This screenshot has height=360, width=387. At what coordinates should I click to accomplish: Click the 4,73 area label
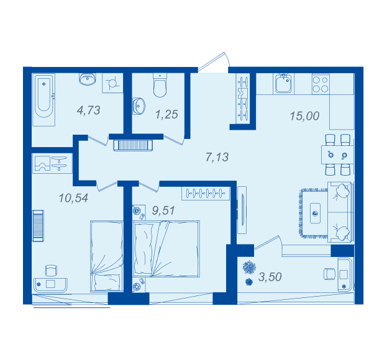pyautogui.click(x=89, y=110)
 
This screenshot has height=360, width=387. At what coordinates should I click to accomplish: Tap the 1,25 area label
pyautogui.click(x=166, y=114)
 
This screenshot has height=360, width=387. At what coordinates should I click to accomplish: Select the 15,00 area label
pyautogui.click(x=304, y=116)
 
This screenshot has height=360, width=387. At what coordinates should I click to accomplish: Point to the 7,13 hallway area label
pyautogui.click(x=217, y=157)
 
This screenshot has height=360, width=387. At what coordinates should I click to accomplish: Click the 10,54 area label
pyautogui.click(x=73, y=198)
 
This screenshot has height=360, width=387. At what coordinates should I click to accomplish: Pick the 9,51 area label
pyautogui.click(x=163, y=210)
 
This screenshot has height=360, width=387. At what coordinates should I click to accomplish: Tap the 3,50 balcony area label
pyautogui.click(x=270, y=277)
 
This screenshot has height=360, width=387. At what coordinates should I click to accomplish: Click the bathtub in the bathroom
pyautogui.click(x=44, y=100)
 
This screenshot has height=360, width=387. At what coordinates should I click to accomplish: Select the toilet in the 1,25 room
pyautogui.click(x=160, y=85)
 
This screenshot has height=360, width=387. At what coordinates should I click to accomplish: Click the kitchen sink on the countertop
pyautogui.click(x=283, y=83)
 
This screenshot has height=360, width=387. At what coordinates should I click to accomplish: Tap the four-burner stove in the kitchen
pyautogui.click(x=321, y=84)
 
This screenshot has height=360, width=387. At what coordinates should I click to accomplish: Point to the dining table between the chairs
pyautogui.click(x=337, y=155)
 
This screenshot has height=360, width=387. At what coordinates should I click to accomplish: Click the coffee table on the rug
pyautogui.click(x=315, y=214)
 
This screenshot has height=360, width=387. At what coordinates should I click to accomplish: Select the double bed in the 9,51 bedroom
pyautogui.click(x=166, y=248)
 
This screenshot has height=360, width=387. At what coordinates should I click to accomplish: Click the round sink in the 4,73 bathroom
pyautogui.click(x=88, y=79)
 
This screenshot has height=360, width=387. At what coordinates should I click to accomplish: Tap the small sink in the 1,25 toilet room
pyautogui.click(x=139, y=106)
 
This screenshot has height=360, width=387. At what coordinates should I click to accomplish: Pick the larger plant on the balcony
pyautogui.click(x=249, y=267)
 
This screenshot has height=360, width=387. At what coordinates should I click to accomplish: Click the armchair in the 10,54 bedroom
pyautogui.click(x=51, y=271)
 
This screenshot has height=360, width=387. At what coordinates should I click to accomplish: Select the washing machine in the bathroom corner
pyautogui.click(x=112, y=83)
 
